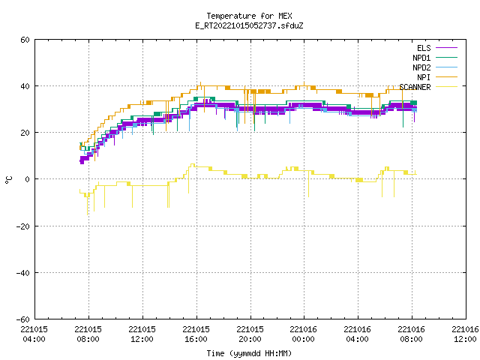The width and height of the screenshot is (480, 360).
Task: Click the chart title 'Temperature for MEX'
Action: [x=249, y=16]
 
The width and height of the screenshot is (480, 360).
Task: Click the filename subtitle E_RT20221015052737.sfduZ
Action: [x=249, y=25]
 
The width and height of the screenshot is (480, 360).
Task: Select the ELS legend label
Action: [x=424, y=48]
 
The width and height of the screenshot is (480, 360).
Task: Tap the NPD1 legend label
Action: [x=421, y=58]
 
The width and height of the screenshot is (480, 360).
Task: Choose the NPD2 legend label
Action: [x=421, y=67]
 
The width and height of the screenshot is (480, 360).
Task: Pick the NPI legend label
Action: [x=424, y=77]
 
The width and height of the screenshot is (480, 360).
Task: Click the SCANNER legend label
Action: [x=415, y=87]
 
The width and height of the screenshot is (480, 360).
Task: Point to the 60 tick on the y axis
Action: [x=25, y=40]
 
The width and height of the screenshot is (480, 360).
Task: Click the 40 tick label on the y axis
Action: [x=25, y=86]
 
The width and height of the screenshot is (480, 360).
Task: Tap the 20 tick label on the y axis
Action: [x=25, y=133]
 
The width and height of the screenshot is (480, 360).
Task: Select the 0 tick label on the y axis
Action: [x=28, y=179]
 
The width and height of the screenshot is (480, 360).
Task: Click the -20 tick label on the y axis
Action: [x=23, y=226]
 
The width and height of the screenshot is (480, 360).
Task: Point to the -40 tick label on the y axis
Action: [x=23, y=273]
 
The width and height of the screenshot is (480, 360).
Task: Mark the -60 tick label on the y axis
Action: [x=23, y=319]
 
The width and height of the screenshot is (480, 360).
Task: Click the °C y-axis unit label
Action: [x=9, y=180]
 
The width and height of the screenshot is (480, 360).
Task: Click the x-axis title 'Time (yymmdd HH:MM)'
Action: [x=249, y=353]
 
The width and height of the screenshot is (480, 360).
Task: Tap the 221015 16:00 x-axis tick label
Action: [x=196, y=334]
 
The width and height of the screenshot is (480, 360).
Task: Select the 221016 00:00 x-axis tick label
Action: [x=304, y=334]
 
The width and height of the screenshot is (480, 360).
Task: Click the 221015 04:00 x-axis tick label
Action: [x=34, y=334]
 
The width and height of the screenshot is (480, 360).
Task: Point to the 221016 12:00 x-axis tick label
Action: [x=465, y=334]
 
